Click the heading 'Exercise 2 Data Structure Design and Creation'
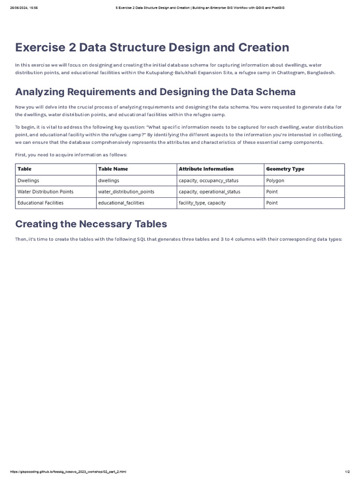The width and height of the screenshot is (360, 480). pos(152,47)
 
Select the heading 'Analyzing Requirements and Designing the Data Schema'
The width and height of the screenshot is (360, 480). pos(155,91)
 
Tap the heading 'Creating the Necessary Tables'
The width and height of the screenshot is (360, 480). pos(91,224)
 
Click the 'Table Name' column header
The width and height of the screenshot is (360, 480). pos(112,169)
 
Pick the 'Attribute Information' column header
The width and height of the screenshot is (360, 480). pos(206,169)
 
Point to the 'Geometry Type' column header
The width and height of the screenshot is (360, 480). pos(285,169)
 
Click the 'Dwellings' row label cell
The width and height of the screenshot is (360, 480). pos(28,180)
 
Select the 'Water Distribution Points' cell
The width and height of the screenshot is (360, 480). pos(45,192)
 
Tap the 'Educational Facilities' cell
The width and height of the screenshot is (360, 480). pos(40,203)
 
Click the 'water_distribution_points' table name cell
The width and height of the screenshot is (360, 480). pos(126,192)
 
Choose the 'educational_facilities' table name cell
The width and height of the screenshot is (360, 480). pos(121,203)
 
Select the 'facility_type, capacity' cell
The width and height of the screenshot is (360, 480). pos(202,203)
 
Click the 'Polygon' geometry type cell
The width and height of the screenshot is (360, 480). pos(275,180)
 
